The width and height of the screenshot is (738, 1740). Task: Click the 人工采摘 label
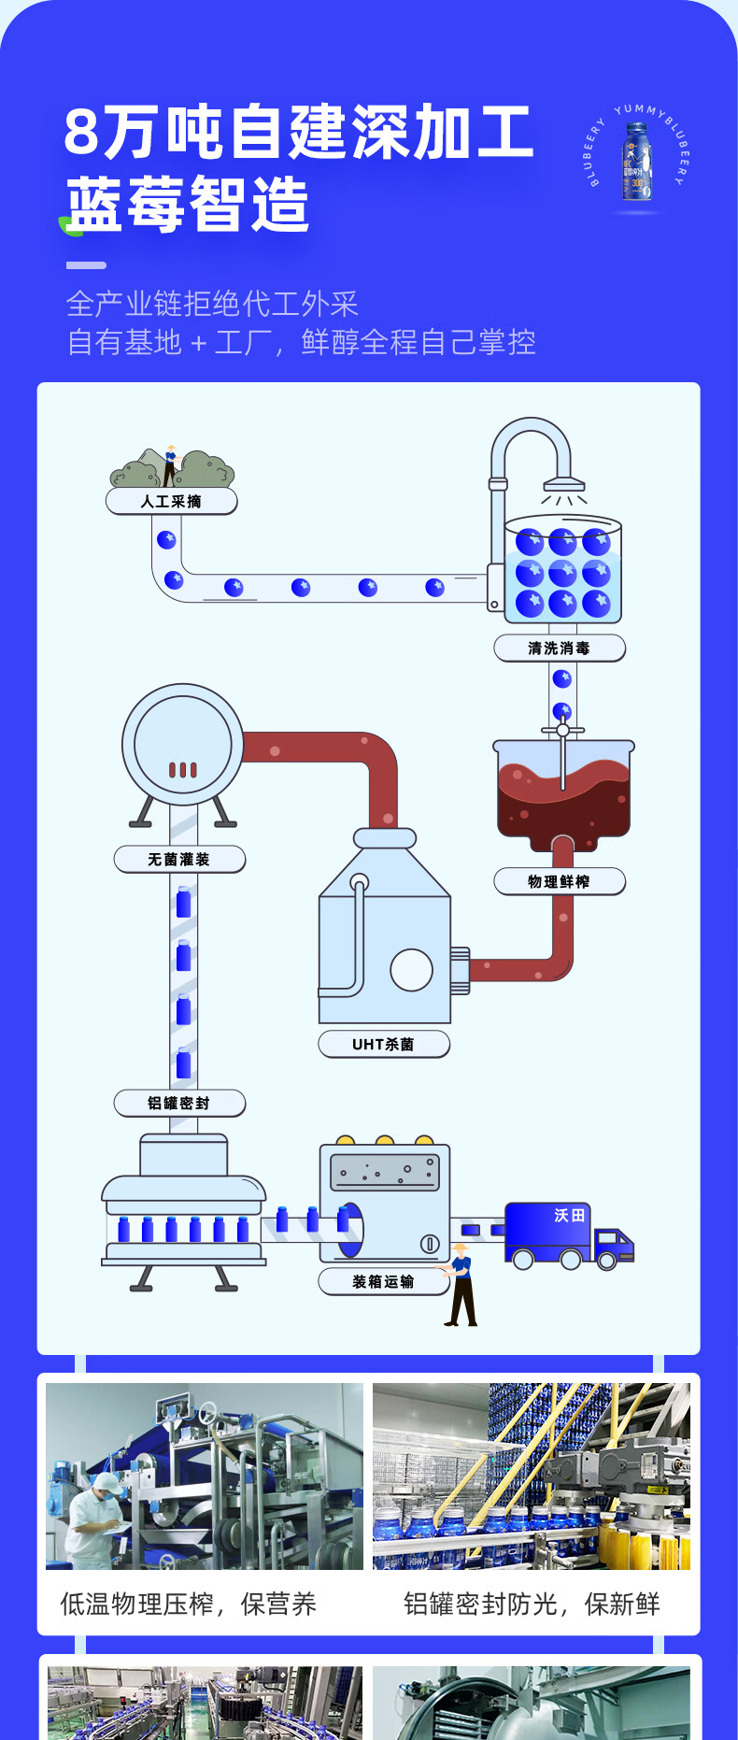click(171, 502)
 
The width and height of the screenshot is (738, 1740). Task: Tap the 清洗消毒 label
click(559, 649)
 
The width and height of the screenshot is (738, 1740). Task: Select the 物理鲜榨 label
click(559, 882)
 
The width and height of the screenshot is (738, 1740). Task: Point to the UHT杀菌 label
click(383, 1045)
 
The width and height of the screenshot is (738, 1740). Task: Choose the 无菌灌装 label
click(178, 860)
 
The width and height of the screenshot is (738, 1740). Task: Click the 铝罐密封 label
click(178, 1104)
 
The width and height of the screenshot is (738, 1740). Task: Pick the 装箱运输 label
click(383, 1282)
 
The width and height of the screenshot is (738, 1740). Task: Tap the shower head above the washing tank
click(564, 484)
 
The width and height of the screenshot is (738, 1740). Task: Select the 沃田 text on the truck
click(569, 1215)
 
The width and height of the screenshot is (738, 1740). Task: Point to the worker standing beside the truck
click(460, 1285)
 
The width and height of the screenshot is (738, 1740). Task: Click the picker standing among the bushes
click(170, 464)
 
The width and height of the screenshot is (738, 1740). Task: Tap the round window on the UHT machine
click(411, 969)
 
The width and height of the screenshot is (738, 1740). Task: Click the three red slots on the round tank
click(182, 770)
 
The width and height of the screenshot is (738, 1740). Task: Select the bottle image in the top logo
click(638, 163)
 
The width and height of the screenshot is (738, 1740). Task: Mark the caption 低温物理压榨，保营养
click(189, 1605)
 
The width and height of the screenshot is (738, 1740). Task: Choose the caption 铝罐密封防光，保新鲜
click(532, 1605)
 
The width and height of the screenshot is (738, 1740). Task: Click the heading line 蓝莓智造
click(188, 206)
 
